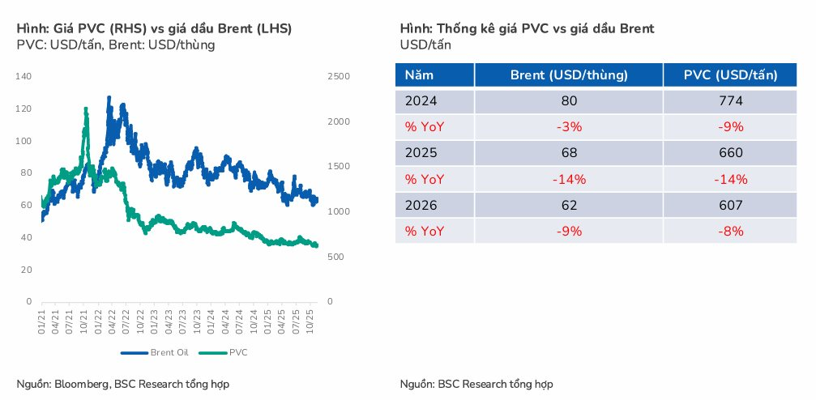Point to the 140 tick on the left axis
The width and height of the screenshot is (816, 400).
(x=23, y=76)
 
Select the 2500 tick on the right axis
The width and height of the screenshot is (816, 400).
(x=338, y=76)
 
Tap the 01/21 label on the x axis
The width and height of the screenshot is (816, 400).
(x=42, y=317)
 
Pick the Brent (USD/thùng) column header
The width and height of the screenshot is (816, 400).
(x=569, y=75)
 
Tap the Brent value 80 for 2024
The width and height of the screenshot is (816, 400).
(x=569, y=101)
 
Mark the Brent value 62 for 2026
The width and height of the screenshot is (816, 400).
(x=569, y=205)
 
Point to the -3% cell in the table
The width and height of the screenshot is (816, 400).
(x=569, y=127)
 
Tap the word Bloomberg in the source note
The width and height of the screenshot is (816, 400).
(x=83, y=384)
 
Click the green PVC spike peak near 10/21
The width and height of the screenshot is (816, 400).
(x=86, y=109)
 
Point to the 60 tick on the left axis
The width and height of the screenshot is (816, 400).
(x=27, y=205)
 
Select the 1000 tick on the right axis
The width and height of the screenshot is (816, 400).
(x=338, y=212)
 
